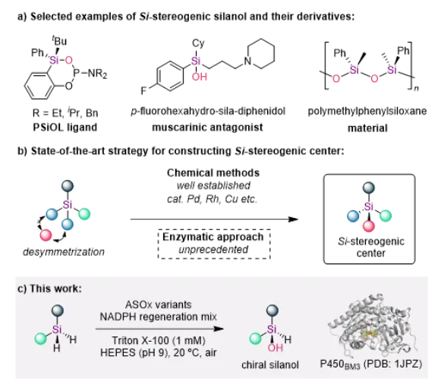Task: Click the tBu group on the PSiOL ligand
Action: coord(60,41)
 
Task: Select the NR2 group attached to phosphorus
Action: coord(97,74)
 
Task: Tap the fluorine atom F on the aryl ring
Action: coord(143,90)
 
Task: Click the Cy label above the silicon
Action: coord(198,43)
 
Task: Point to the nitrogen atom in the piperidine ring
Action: coord(247,61)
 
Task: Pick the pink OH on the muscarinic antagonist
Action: coord(200,76)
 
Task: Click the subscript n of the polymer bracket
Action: coord(416,88)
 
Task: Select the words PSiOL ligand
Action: coord(65,128)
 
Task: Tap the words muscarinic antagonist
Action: coord(207,128)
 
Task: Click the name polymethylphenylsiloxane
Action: coord(367,111)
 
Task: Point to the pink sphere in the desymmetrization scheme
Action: coord(46,235)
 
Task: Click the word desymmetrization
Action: coord(64,252)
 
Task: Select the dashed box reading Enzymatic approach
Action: coord(214,244)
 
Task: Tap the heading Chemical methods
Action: coord(213,173)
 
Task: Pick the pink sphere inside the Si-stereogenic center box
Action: coord(369,226)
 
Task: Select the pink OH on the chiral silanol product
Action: coord(275,348)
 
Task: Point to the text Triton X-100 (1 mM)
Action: coord(159,340)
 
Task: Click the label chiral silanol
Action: coord(270,365)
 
